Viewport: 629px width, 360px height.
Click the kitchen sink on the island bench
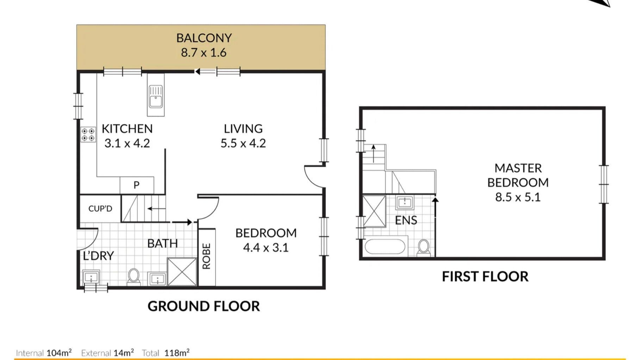(x=156, y=97)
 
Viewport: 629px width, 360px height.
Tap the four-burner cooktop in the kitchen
(x=88, y=134)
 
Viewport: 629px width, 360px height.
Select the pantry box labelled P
(x=137, y=185)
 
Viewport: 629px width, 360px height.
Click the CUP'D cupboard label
(x=100, y=209)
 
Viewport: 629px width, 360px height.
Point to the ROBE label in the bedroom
(x=207, y=256)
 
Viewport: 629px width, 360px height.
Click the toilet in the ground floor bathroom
(x=133, y=277)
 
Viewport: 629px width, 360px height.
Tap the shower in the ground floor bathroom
(x=182, y=272)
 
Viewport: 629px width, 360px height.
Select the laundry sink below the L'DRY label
(x=91, y=278)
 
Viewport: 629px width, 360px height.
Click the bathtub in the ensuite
(x=385, y=247)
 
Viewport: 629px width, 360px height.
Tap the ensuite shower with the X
(x=374, y=211)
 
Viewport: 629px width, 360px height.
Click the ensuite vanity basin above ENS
(x=405, y=203)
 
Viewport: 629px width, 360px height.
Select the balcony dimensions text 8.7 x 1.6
(x=204, y=52)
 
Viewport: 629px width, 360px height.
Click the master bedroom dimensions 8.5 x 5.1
(x=518, y=197)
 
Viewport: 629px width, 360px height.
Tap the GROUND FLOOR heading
(x=204, y=306)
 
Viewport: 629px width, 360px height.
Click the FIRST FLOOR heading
(x=485, y=277)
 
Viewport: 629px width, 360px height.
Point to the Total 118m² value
(x=166, y=352)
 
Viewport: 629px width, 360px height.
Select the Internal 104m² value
(x=44, y=352)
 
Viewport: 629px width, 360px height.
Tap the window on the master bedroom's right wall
(x=604, y=184)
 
